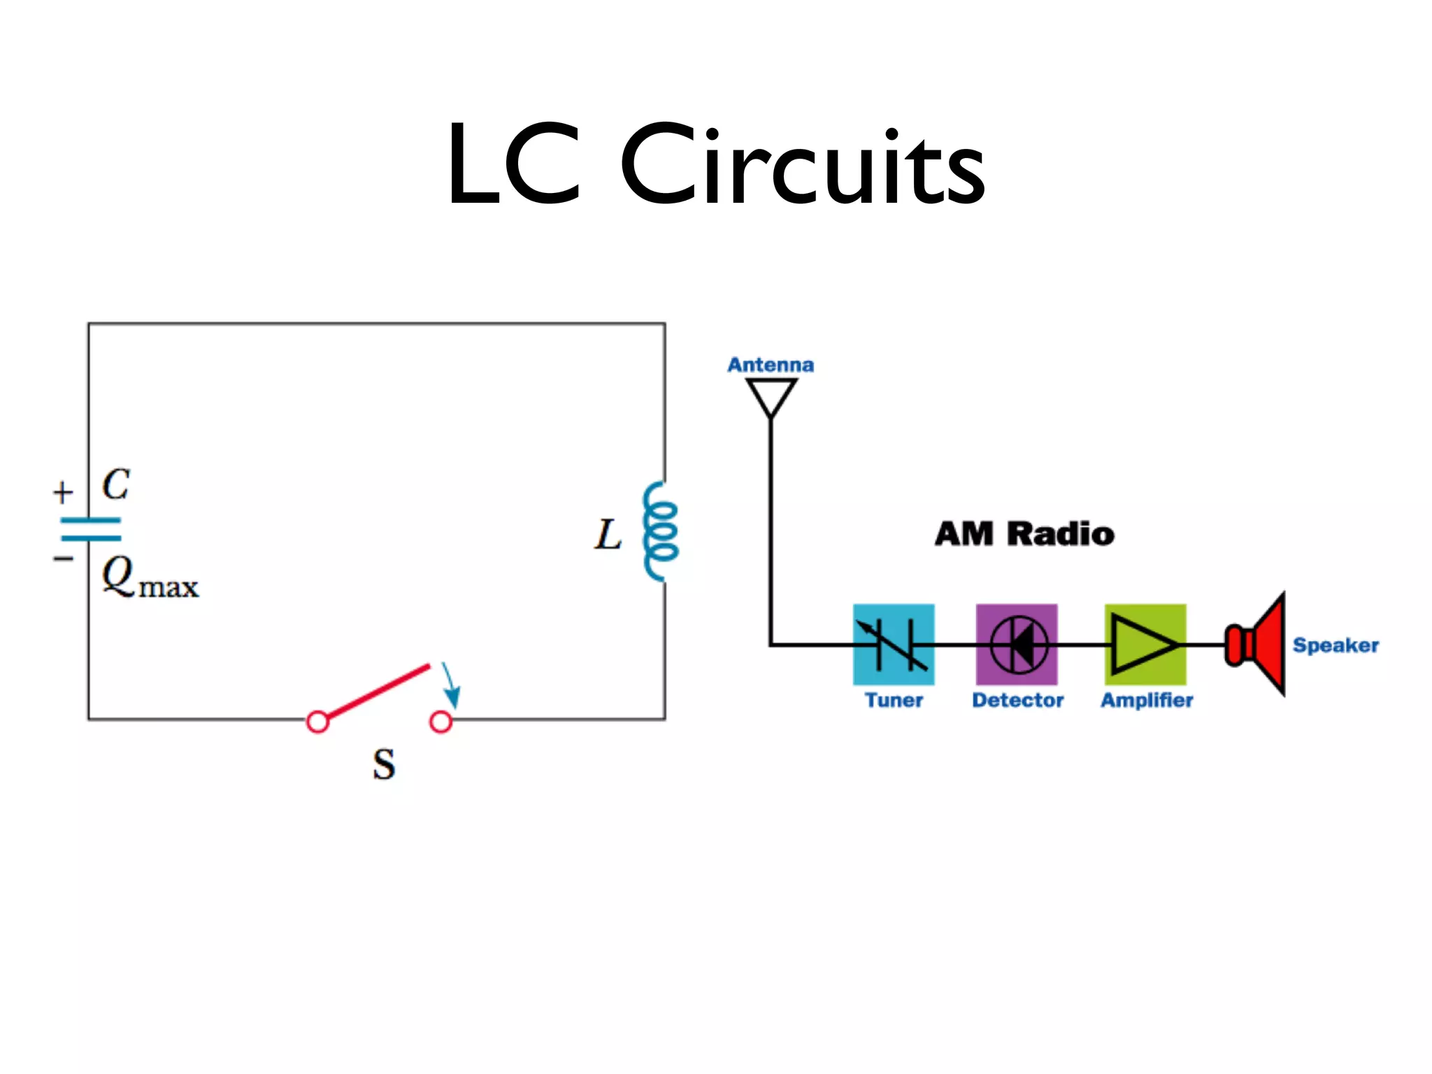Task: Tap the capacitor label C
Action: coord(115,484)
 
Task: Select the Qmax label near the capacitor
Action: coord(149,578)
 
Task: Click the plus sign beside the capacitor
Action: coord(63,492)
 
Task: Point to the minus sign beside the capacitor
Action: coord(63,558)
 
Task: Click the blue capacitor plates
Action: coord(91,529)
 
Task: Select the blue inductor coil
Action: coord(660,531)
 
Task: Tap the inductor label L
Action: coord(608,536)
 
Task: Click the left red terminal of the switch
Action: coord(317,722)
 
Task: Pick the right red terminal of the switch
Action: coord(441,722)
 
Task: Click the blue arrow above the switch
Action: coord(451,685)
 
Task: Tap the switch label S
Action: coord(383,764)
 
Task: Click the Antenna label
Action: coord(771,365)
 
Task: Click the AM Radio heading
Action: coord(1024,534)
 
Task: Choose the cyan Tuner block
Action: coord(894,645)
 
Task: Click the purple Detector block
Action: coord(1017,645)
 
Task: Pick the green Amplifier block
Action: coord(1145,645)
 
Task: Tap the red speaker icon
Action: coord(1259,645)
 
